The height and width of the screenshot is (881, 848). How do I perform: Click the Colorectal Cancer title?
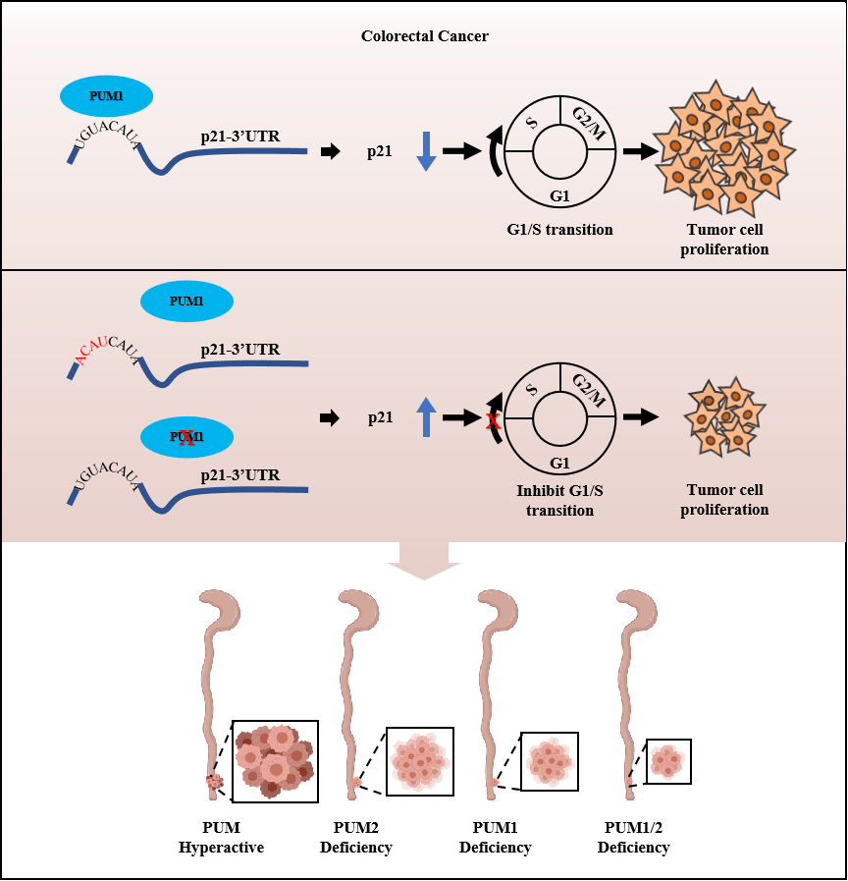click(x=424, y=36)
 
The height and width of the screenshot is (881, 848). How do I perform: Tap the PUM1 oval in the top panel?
click(x=106, y=96)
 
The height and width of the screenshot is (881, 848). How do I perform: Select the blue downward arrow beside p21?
click(x=425, y=151)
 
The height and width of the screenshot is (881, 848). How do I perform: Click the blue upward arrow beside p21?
click(x=425, y=416)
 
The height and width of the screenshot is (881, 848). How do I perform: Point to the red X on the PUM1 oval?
click(x=187, y=438)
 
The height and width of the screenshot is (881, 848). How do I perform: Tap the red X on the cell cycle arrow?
click(x=495, y=420)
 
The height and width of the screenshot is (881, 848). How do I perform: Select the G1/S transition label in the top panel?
click(x=559, y=230)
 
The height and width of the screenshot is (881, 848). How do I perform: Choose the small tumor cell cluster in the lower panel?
click(x=723, y=417)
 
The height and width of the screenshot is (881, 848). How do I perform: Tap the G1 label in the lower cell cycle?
click(x=559, y=463)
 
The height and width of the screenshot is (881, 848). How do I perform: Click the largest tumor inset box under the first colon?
click(x=275, y=761)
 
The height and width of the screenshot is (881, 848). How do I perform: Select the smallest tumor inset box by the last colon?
click(x=667, y=761)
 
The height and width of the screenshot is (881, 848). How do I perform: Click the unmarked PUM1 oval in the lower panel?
click(x=186, y=302)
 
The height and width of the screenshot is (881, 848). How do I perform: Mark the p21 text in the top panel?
click(x=381, y=151)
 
